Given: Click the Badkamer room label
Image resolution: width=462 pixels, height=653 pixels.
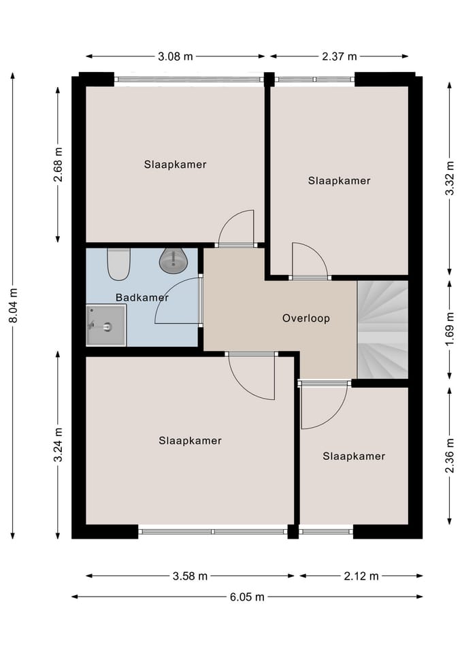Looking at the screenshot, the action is pyautogui.click(x=142, y=297).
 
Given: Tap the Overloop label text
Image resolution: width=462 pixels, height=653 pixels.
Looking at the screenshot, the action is pyautogui.click(x=306, y=318).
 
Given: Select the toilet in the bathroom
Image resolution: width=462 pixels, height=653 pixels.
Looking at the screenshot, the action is pyautogui.click(x=118, y=264).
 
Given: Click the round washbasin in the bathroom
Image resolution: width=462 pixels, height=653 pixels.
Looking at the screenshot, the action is pyautogui.click(x=174, y=261).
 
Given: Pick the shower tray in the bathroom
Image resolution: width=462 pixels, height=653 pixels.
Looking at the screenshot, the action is pyautogui.click(x=106, y=325).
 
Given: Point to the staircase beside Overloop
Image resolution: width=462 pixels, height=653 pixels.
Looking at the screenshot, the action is pyautogui.click(x=382, y=330).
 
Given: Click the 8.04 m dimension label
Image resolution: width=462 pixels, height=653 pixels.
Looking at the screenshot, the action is pyautogui.click(x=13, y=305).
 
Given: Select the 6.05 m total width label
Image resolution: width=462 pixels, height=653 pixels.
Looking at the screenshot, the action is pyautogui.click(x=247, y=597).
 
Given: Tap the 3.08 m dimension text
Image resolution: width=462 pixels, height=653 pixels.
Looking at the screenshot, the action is pyautogui.click(x=176, y=56).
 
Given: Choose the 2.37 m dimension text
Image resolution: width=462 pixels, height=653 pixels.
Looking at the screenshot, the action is pyautogui.click(x=340, y=56).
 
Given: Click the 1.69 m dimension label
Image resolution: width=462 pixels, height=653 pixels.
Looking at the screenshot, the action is pyautogui.click(x=450, y=329).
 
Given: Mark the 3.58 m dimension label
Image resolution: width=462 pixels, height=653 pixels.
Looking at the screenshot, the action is pyautogui.click(x=190, y=576).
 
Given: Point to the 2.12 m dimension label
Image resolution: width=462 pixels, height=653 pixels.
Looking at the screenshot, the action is pyautogui.click(x=361, y=576).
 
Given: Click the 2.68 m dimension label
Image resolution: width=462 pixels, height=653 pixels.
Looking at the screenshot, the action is pyautogui.click(x=58, y=165).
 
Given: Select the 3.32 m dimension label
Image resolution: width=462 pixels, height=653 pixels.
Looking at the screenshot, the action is pyautogui.click(x=450, y=178).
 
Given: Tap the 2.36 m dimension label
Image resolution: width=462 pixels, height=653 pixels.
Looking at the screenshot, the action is pyautogui.click(x=450, y=456).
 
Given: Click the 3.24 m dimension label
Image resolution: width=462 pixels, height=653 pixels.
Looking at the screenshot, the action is pyautogui.click(x=58, y=445).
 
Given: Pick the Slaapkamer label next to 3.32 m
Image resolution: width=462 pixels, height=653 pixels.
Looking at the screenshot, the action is pyautogui.click(x=339, y=181).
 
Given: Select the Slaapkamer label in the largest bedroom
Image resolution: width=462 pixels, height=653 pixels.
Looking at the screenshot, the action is pyautogui.click(x=190, y=441).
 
